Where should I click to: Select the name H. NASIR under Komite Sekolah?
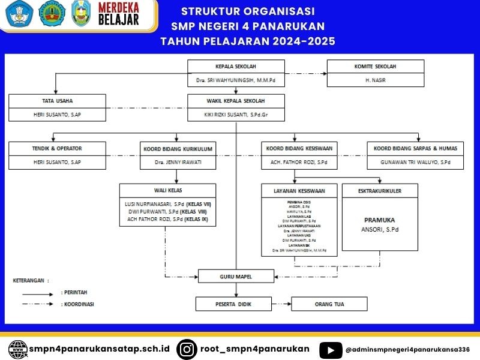click(x=375, y=79)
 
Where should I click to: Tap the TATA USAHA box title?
click(x=57, y=100)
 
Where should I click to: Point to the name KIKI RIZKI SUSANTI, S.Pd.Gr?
click(x=236, y=113)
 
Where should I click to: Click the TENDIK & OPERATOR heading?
click(x=57, y=148)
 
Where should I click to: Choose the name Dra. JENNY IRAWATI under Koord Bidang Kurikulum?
click(x=175, y=162)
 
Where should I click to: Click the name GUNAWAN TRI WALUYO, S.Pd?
click(x=415, y=162)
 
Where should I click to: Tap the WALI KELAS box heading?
click(x=167, y=190)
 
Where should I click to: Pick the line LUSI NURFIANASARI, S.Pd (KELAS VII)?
click(x=167, y=204)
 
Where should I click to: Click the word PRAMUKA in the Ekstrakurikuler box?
click(x=380, y=220)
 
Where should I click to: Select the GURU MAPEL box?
click(x=236, y=277)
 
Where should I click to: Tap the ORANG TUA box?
click(x=331, y=304)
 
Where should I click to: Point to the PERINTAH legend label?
click(x=74, y=292)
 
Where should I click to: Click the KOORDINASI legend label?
click(x=77, y=304)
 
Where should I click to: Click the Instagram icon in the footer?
click(x=187, y=349)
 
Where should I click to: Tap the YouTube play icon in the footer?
click(x=331, y=349)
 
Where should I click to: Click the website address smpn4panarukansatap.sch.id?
click(x=99, y=349)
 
